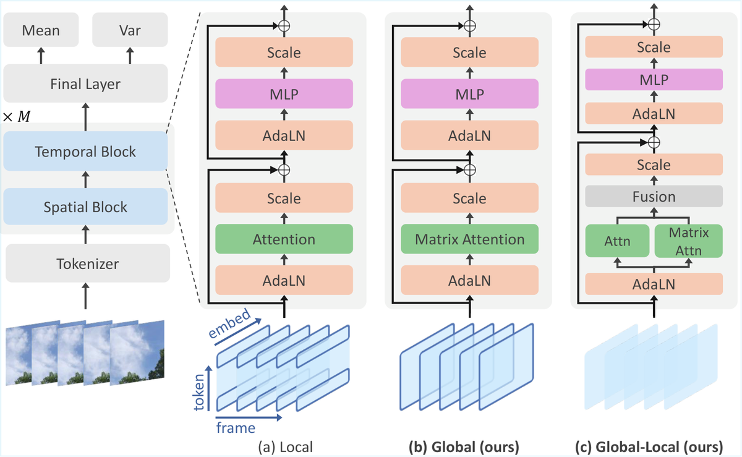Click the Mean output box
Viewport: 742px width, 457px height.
tap(41, 30)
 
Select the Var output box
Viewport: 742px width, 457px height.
tap(129, 30)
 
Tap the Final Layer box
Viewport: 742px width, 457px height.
tap(85, 84)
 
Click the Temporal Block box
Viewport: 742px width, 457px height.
tap(85, 152)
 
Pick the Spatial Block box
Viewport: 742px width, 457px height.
tap(85, 207)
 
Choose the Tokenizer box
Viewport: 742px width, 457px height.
tap(85, 264)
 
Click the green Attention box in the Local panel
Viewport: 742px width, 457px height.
tap(284, 239)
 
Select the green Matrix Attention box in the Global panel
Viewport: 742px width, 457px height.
tap(469, 239)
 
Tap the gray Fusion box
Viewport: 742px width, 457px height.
tap(654, 197)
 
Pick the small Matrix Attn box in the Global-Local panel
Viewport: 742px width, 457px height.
tap(688, 241)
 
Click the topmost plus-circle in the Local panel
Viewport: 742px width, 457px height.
tap(284, 26)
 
